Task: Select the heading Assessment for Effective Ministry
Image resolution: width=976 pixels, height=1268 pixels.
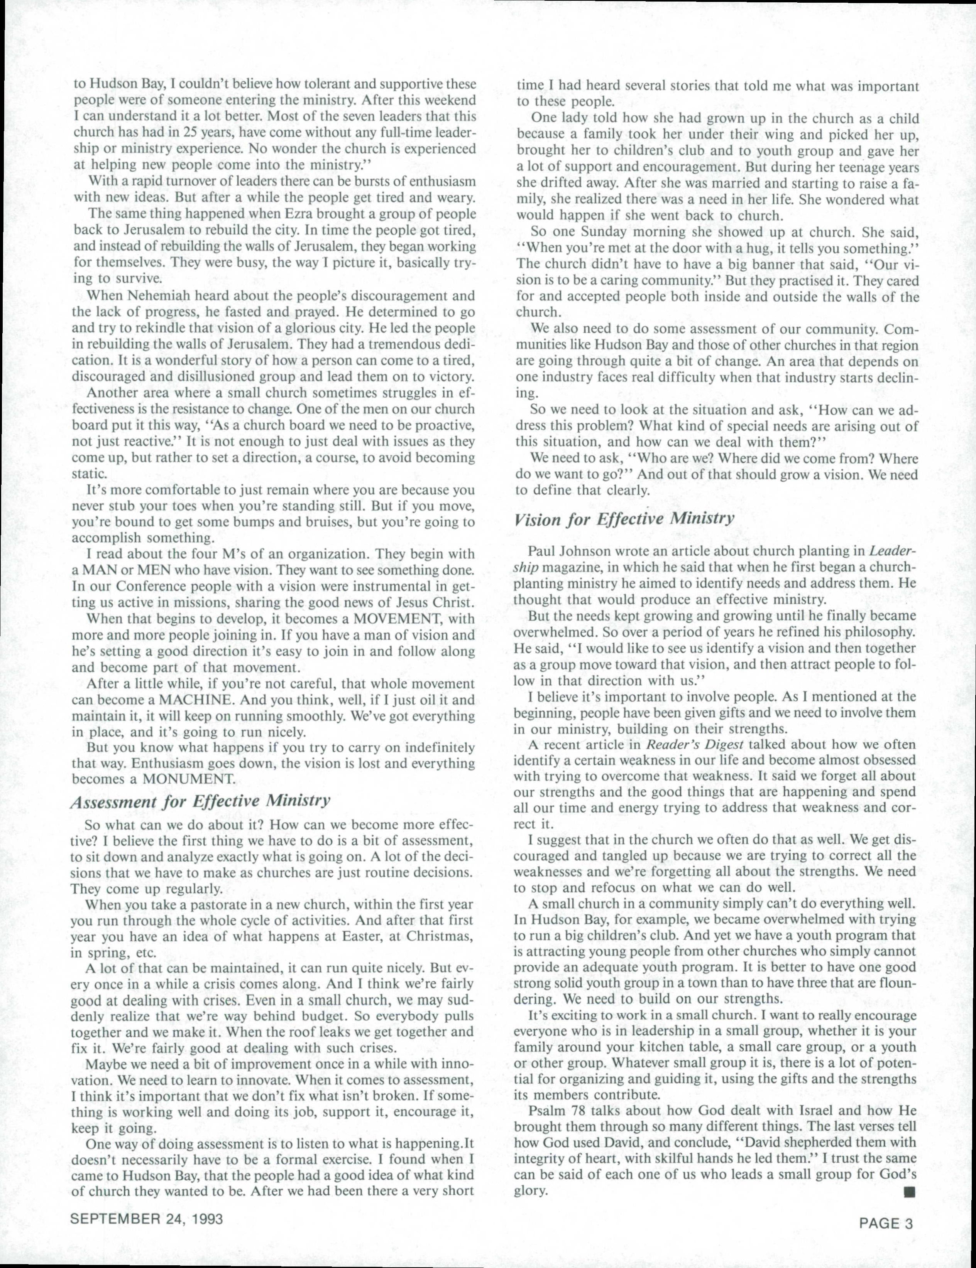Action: [200, 801]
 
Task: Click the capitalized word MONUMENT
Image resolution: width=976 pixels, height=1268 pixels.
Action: [189, 779]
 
